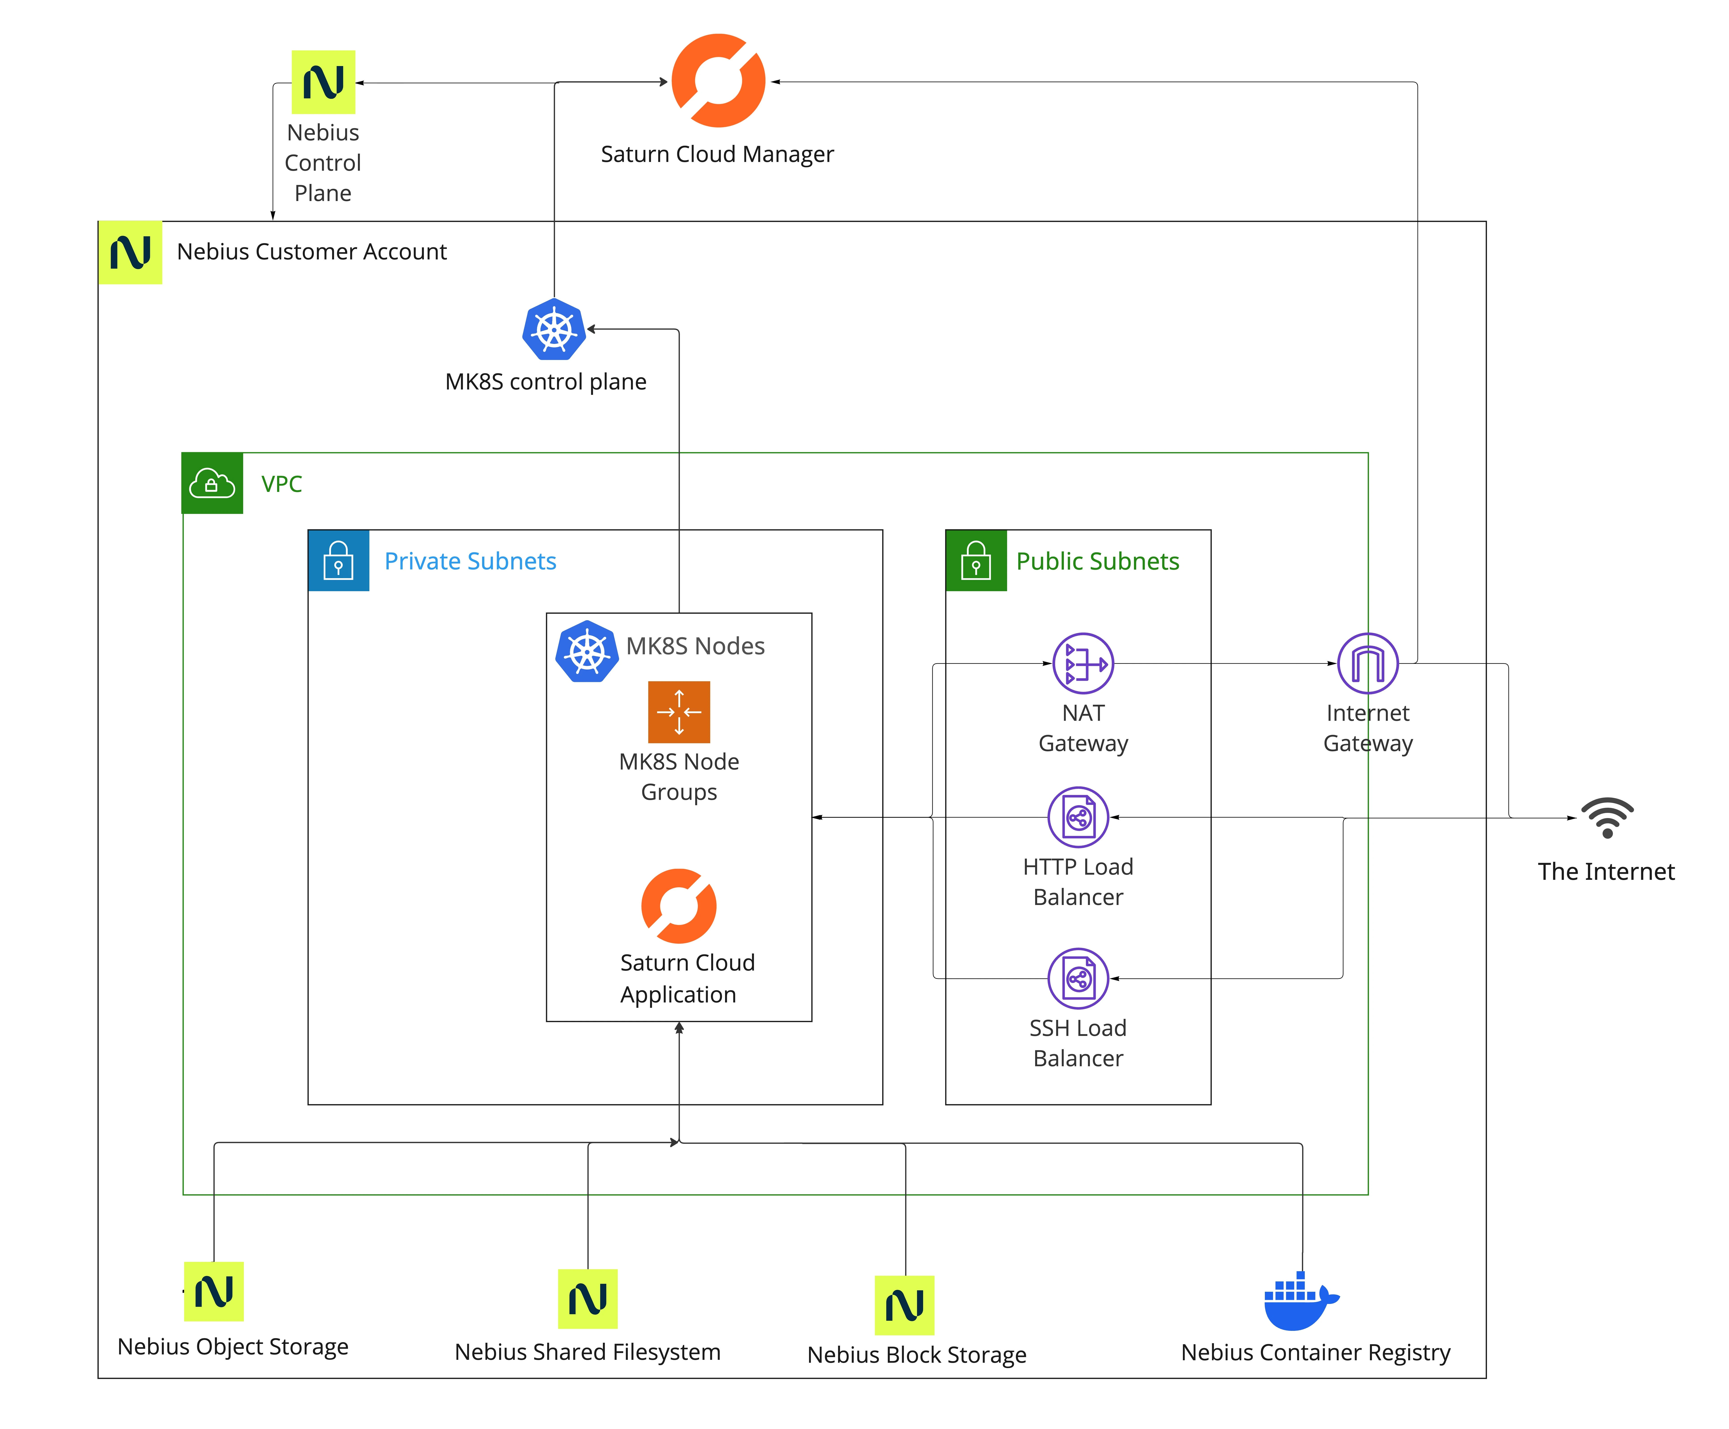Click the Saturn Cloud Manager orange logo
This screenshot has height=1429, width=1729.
[718, 81]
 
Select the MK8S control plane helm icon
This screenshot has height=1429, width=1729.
[554, 329]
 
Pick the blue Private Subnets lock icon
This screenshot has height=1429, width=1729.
[338, 561]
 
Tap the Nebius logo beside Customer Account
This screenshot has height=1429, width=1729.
[130, 252]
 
